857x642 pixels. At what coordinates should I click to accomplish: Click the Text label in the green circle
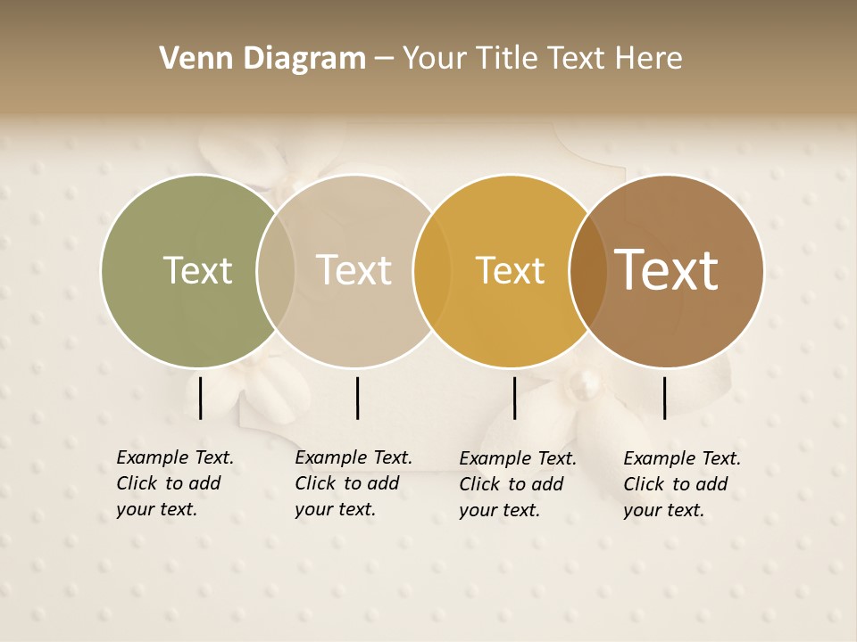coord(197,271)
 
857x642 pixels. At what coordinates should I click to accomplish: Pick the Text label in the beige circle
coord(354,271)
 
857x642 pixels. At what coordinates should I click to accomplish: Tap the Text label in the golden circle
coord(510,271)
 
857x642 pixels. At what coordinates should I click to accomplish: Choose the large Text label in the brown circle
coord(666,271)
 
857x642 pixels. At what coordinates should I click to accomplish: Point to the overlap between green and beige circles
coord(276,271)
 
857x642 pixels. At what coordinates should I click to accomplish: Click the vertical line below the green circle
coord(201,398)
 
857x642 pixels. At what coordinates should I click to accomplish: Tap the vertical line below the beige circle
coord(357,398)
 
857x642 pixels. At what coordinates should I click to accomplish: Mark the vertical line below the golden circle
coord(514,398)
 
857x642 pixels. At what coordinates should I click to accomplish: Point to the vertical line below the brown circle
coord(665,398)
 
